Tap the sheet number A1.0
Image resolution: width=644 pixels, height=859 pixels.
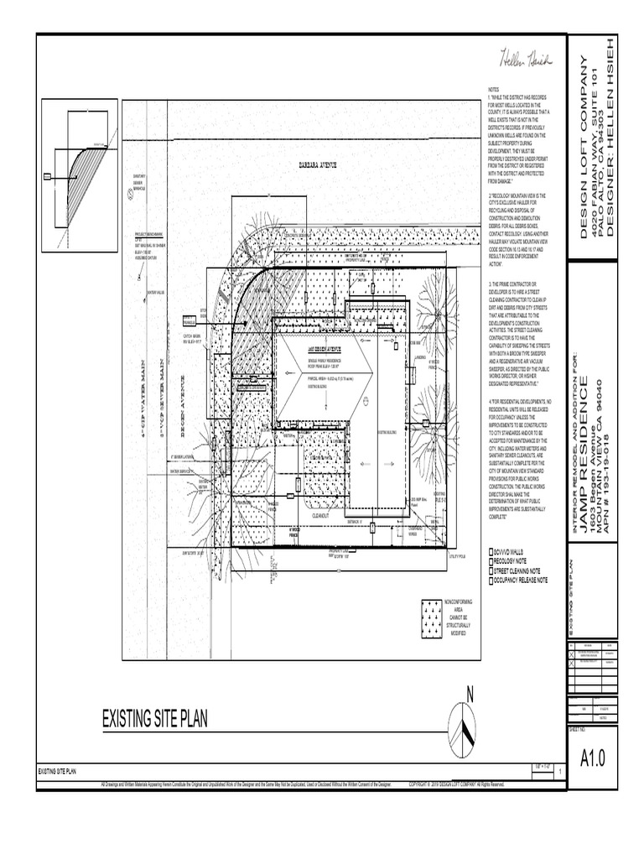coord(592,758)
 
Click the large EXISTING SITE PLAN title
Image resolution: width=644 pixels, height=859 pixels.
coord(154,719)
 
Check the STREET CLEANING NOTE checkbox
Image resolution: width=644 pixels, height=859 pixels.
coord(492,570)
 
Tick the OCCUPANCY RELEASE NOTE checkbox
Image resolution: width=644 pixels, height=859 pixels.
coord(492,580)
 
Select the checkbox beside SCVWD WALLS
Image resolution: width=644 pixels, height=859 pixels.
coord(492,552)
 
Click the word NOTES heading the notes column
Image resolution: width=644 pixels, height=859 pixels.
coord(493,88)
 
